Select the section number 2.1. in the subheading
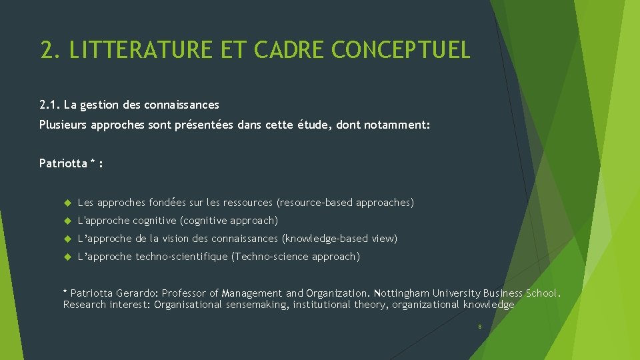tap(50, 105)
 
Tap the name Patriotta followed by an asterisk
tap(63, 163)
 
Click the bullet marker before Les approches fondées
tap(67, 203)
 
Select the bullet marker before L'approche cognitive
tap(67, 221)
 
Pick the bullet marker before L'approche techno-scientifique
tap(67, 257)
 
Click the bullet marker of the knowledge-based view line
tap(67, 239)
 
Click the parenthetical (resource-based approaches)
tap(345, 203)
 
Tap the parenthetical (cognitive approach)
tap(229, 221)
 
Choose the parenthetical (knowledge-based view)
tap(339, 239)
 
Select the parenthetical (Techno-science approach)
tap(295, 257)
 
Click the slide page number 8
tap(479, 327)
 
